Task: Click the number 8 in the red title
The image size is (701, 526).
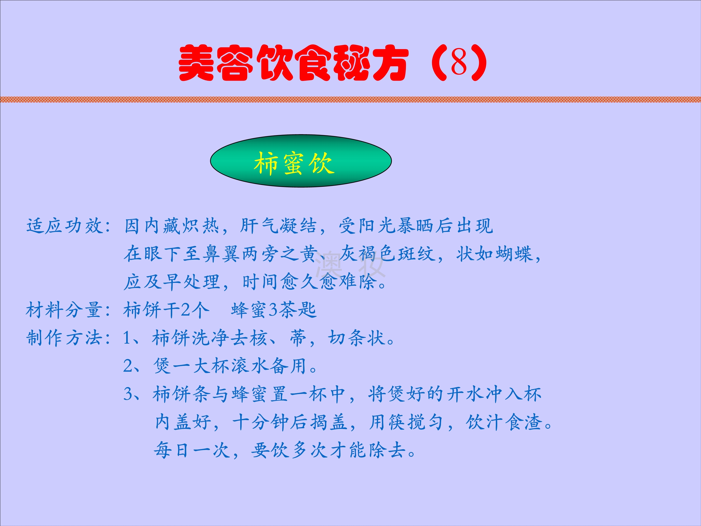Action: pos(458,62)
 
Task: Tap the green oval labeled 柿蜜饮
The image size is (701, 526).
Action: pos(301,161)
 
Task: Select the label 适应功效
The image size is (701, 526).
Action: pos(65,226)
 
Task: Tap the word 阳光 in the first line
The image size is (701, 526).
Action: pos(377,226)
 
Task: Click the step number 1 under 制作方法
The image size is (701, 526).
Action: pos(127,338)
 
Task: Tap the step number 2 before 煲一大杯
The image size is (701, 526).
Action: pos(128,366)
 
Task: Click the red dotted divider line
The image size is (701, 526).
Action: pos(350,99)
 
